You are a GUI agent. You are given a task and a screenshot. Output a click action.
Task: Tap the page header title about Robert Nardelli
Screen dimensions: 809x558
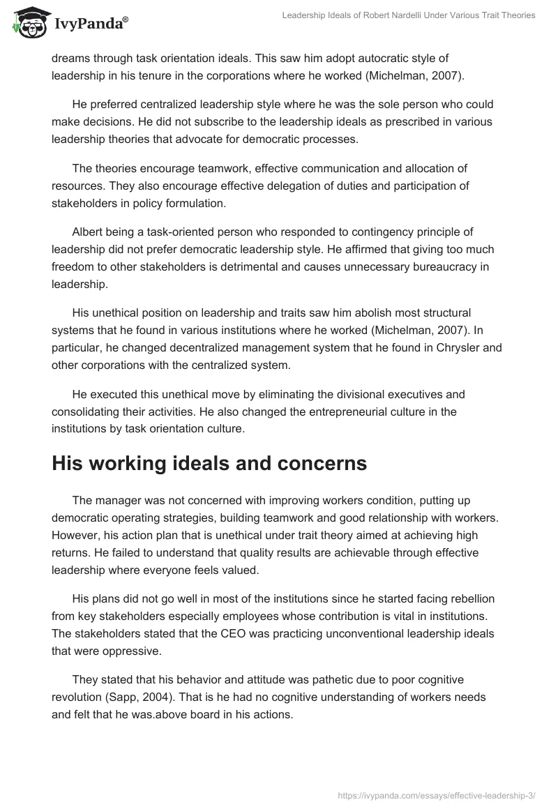coord(408,15)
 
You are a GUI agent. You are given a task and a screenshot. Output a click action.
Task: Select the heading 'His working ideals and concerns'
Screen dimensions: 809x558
coord(209,464)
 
